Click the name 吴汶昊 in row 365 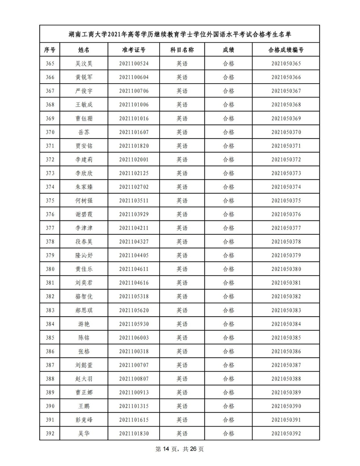coord(84,64)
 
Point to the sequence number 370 coord(50,132)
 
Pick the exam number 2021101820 coord(134,146)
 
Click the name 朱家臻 coord(84,187)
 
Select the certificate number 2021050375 coord(286,201)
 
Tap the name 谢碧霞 coord(84,215)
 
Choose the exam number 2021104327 coord(134,242)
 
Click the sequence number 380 coord(50,269)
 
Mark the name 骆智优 coord(84,297)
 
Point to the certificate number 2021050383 coord(286,310)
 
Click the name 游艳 coord(84,324)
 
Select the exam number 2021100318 coord(134,352)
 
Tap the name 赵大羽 coord(84,379)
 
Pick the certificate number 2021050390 coord(286,407)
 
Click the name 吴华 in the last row coord(84,434)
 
